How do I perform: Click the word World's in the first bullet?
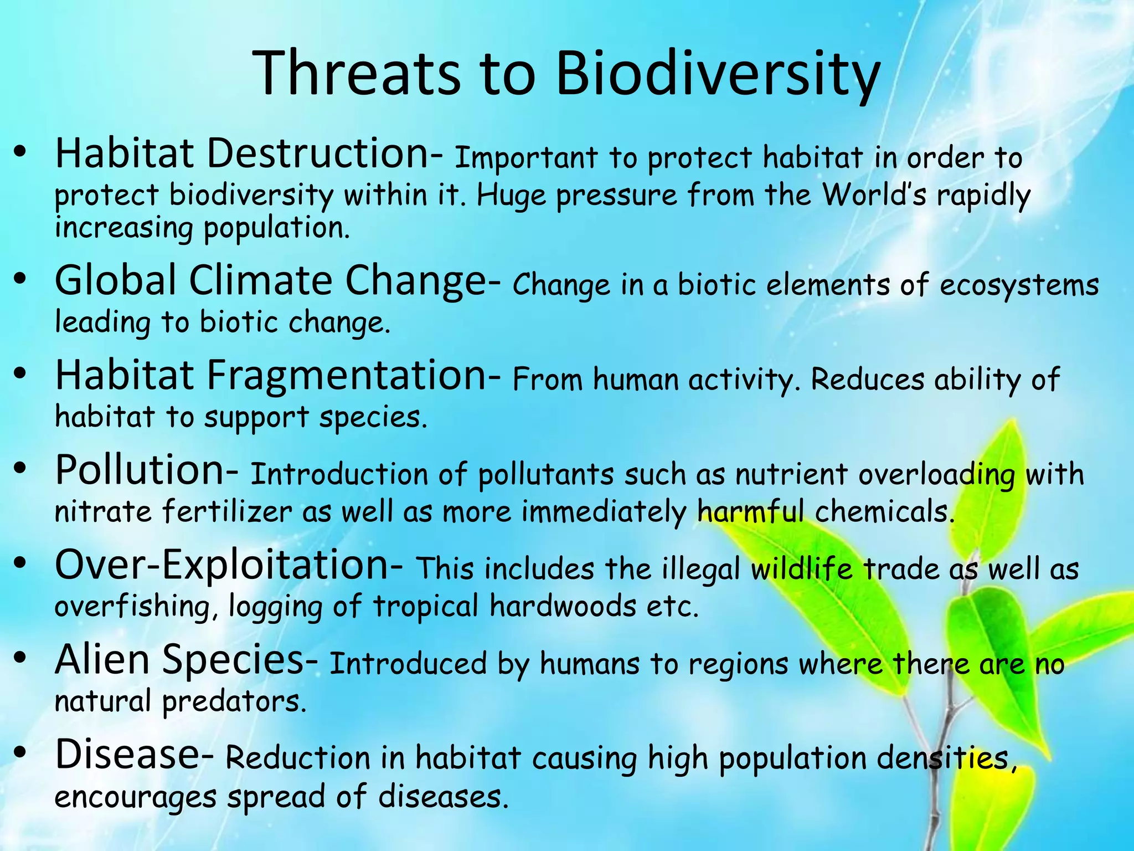click(874, 195)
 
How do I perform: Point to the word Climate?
click(260, 280)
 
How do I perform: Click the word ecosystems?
click(1019, 285)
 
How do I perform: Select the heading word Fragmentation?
click(347, 375)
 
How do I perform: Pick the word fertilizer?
click(228, 511)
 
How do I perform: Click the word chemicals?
click(885, 511)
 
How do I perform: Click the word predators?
click(234, 701)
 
